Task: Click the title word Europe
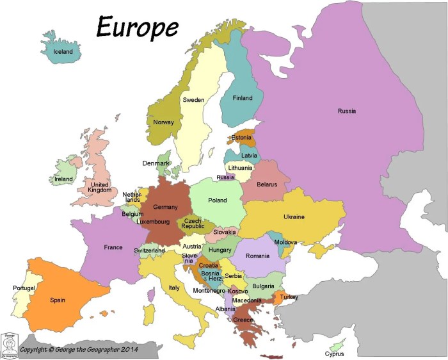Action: click(137, 26)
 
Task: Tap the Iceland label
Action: click(63, 51)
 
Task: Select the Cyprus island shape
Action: click(335, 345)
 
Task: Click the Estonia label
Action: click(241, 138)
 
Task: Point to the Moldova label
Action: click(285, 243)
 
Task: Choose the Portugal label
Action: click(24, 288)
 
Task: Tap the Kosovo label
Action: click(237, 291)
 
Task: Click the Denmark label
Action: click(156, 163)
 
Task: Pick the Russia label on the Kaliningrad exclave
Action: click(225, 177)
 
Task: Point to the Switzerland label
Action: click(150, 250)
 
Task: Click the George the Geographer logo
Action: click(9, 345)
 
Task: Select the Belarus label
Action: click(267, 184)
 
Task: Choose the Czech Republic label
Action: click(192, 224)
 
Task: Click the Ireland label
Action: click(63, 179)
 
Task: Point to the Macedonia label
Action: click(246, 300)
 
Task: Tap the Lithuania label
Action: click(240, 168)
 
